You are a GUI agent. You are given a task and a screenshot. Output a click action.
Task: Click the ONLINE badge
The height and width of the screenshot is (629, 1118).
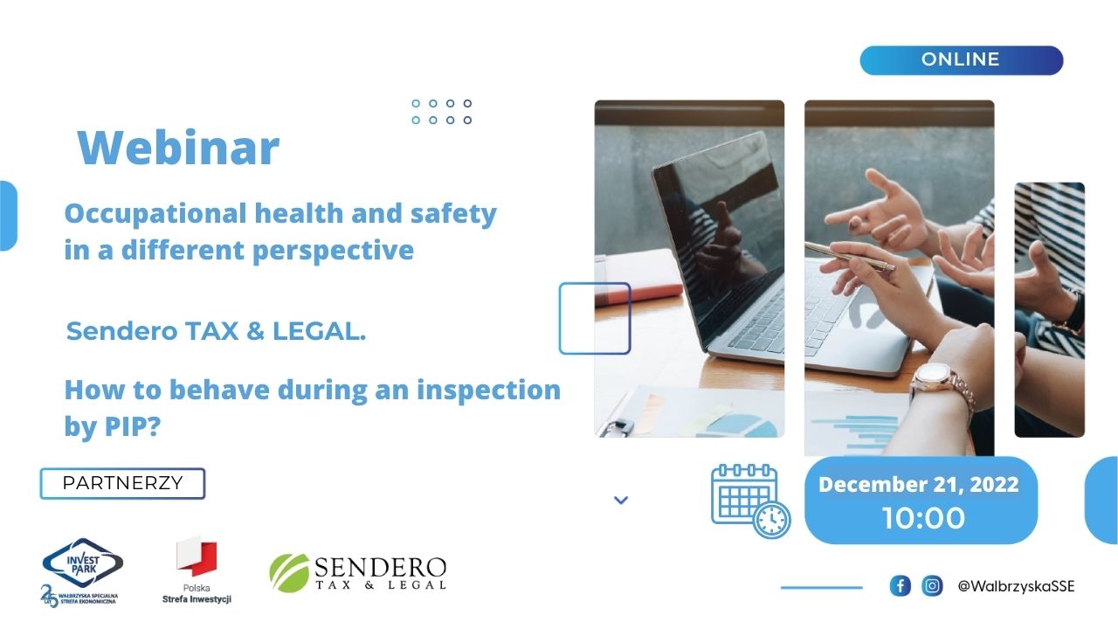tap(962, 60)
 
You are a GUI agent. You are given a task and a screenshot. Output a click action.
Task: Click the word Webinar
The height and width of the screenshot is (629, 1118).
tap(178, 148)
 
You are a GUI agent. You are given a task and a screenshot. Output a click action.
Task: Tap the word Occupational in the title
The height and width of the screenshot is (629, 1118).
tap(155, 215)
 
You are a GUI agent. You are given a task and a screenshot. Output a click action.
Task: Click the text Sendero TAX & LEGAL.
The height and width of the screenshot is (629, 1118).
tap(216, 331)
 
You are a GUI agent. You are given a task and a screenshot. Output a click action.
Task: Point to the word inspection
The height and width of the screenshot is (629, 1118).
tap(488, 391)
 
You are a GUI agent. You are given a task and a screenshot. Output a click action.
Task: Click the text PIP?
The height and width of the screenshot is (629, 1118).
tap(133, 427)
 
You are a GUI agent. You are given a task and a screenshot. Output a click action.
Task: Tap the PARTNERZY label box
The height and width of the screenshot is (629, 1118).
tap(123, 483)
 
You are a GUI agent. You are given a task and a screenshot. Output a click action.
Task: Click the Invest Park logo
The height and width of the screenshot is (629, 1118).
tap(81, 572)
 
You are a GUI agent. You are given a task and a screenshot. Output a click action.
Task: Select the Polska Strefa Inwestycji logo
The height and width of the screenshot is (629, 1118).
tap(197, 570)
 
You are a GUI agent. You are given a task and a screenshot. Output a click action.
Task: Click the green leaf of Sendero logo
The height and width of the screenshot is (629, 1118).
tap(289, 573)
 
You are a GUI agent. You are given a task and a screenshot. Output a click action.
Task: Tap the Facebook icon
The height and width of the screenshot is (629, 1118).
tap(900, 585)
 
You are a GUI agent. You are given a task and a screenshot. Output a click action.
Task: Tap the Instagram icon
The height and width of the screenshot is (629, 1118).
tap(932, 585)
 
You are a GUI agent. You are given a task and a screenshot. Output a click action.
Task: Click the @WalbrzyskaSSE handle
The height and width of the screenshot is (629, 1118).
tap(1016, 586)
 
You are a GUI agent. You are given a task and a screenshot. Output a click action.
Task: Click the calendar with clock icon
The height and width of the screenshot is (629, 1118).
tap(750, 501)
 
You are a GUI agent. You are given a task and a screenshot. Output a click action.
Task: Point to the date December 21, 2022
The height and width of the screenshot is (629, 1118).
tap(918, 485)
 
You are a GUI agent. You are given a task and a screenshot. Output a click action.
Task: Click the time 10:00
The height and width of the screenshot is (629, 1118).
tap(923, 518)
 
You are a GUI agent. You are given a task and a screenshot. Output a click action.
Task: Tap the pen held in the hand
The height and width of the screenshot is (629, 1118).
tap(848, 256)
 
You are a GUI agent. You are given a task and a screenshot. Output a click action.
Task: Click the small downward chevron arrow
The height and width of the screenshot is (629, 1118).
tap(621, 500)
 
